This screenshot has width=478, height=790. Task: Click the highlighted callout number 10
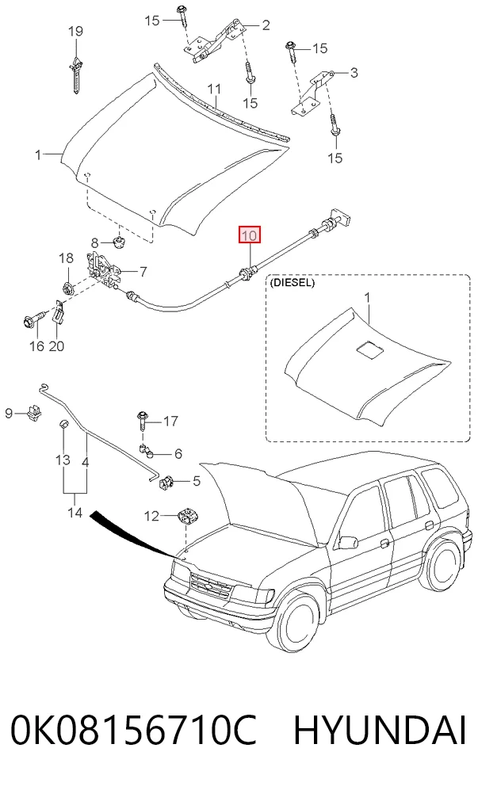pyautogui.click(x=250, y=235)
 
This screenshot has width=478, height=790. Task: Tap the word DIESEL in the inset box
pyautogui.click(x=293, y=283)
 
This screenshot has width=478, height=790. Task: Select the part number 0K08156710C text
pyautogui.click(x=134, y=730)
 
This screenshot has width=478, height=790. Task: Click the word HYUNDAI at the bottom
pyautogui.click(x=380, y=730)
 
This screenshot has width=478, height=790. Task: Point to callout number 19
pyautogui.click(x=75, y=31)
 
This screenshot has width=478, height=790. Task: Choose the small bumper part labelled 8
pyautogui.click(x=119, y=242)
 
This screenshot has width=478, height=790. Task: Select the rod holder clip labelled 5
pyautogui.click(x=166, y=482)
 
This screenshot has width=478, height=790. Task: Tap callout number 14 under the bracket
pyautogui.click(x=75, y=513)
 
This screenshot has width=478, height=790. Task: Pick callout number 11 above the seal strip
pyautogui.click(x=215, y=90)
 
